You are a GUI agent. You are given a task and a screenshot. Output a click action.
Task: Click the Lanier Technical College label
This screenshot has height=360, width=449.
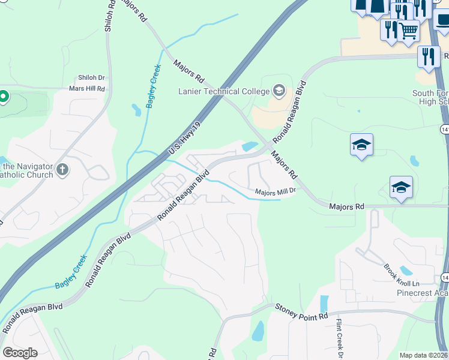pyautogui.click(x=223, y=91)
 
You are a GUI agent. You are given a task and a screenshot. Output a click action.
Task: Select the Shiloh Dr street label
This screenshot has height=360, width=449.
pyautogui.click(x=91, y=78)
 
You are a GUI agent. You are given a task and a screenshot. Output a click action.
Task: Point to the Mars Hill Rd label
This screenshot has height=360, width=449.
pyautogui.click(x=87, y=89)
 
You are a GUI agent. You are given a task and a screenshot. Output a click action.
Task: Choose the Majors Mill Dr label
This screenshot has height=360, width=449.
pyautogui.click(x=276, y=192)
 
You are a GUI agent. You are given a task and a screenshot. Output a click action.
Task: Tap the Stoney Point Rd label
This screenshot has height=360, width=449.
pyautogui.click(x=302, y=311)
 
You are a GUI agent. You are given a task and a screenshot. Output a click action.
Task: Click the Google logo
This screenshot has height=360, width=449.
pyautogui.click(x=20, y=353)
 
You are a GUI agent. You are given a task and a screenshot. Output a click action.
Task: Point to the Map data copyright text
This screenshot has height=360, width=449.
pyautogui.click(x=424, y=355)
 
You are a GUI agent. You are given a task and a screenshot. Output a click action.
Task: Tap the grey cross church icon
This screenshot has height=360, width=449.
pyautogui.click(x=62, y=170)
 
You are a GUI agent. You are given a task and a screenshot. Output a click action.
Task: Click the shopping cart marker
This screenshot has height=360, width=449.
pyautogui.click(x=409, y=30)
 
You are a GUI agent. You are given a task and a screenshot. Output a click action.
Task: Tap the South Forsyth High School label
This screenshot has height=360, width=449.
pyautogui.click(x=430, y=97)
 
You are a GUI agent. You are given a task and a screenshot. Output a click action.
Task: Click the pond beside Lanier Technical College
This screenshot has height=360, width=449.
pyautogui.click(x=249, y=146)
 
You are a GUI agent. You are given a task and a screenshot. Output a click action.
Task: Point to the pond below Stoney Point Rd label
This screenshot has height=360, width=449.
pyautogui.click(x=258, y=331)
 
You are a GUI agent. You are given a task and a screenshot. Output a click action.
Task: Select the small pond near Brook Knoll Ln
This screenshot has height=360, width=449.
pyautogui.click(x=406, y=270)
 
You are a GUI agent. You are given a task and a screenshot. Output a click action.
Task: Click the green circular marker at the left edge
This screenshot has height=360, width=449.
pyautogui.click(x=3, y=96)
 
